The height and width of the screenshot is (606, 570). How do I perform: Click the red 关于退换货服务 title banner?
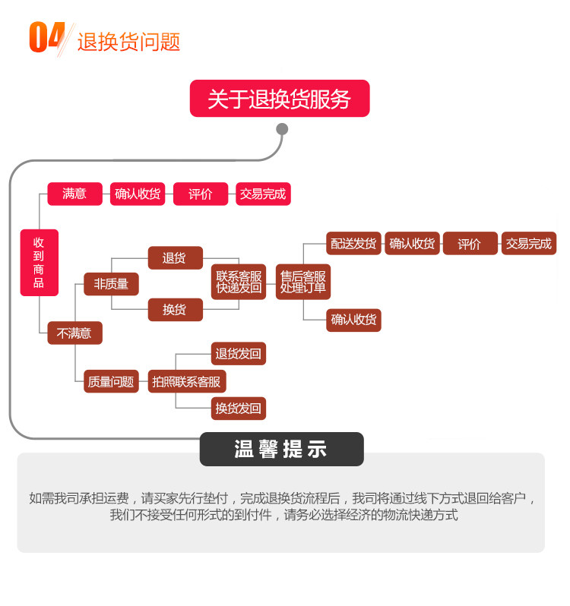click(280, 99)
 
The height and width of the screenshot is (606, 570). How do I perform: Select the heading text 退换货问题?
click(128, 41)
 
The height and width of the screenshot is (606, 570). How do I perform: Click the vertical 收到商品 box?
click(39, 263)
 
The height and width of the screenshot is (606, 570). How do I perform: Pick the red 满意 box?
click(74, 194)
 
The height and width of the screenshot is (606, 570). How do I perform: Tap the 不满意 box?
click(74, 333)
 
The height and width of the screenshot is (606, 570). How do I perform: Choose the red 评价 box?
click(201, 194)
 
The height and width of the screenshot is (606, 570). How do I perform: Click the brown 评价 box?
click(470, 244)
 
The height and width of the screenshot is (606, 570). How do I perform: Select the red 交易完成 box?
click(263, 194)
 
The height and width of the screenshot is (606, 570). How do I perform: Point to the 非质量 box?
click(111, 284)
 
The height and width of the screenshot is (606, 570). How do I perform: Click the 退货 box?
click(175, 257)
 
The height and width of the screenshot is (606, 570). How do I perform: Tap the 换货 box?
click(175, 309)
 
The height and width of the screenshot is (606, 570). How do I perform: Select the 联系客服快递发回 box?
click(239, 282)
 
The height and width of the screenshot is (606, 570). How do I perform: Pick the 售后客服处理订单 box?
click(302, 282)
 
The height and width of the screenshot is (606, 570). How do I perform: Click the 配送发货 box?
click(353, 244)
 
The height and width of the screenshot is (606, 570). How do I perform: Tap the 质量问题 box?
click(111, 381)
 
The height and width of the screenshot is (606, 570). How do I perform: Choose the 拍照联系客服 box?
click(186, 381)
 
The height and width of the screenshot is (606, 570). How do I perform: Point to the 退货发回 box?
click(239, 354)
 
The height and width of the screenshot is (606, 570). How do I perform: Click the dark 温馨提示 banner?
click(281, 449)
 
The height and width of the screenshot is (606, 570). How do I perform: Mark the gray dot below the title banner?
click(282, 129)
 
